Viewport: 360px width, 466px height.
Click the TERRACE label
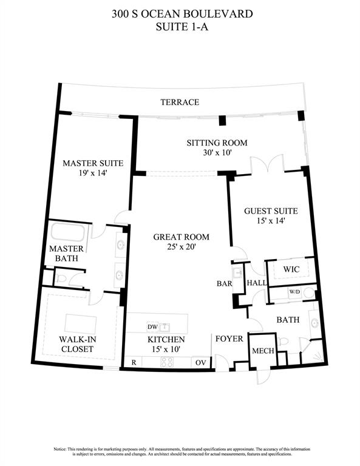pos(180,103)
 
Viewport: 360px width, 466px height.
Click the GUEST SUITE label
pos(271,211)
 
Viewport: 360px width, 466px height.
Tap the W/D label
pos(294,292)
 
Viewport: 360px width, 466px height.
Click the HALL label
pos(255,283)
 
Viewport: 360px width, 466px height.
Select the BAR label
pos(226,283)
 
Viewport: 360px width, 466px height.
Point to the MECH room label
pos(263,351)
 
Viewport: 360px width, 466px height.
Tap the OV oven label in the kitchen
pos(200,362)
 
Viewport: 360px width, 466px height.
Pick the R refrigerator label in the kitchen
pos(133,362)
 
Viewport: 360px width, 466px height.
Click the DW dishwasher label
pos(152,327)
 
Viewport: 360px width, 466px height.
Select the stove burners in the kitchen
pos(166,362)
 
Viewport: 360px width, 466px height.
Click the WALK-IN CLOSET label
pos(76,344)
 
